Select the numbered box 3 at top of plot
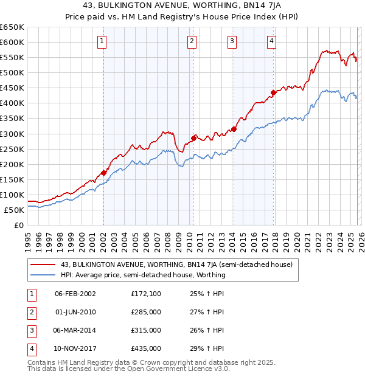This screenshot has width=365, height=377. (232, 41)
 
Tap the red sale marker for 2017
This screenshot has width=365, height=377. (273, 92)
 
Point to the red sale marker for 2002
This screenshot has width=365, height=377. (103, 173)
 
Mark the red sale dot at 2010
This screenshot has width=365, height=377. (193, 138)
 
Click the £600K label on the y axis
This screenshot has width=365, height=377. (12, 42)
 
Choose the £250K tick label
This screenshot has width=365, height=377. (12, 149)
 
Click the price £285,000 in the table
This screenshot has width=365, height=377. (146, 312)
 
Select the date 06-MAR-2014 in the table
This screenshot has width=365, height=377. (75, 330)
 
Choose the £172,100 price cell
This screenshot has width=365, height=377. (146, 294)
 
